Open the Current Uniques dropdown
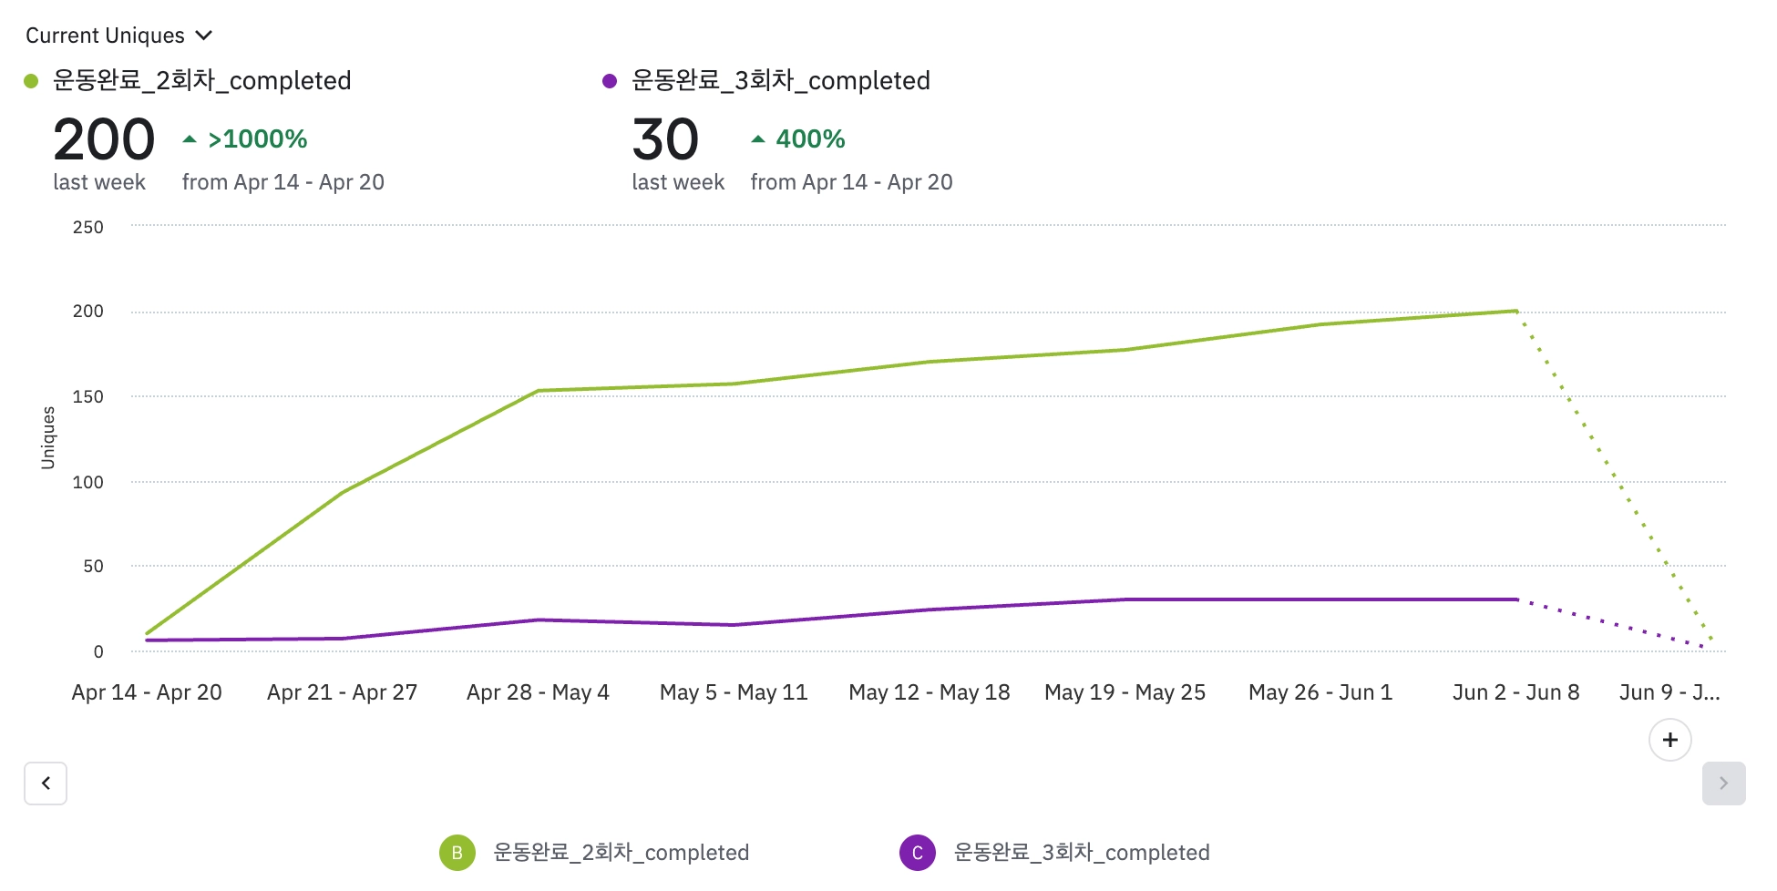(x=118, y=36)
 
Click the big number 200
(x=104, y=139)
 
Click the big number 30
(x=665, y=139)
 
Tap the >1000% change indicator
(x=247, y=139)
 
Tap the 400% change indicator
(x=799, y=139)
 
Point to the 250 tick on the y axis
(x=88, y=227)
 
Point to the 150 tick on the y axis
(x=88, y=396)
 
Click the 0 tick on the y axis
(x=98, y=651)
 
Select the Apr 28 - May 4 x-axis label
(x=538, y=692)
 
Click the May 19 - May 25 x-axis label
(x=1125, y=692)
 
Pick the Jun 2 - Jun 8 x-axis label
(x=1515, y=692)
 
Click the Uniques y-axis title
(x=48, y=438)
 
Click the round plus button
(x=1669, y=740)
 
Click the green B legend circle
(x=457, y=853)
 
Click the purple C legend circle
(x=918, y=853)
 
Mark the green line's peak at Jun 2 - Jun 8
(x=1515, y=312)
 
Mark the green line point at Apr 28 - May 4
(x=538, y=391)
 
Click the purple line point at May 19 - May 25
(x=1125, y=599)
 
